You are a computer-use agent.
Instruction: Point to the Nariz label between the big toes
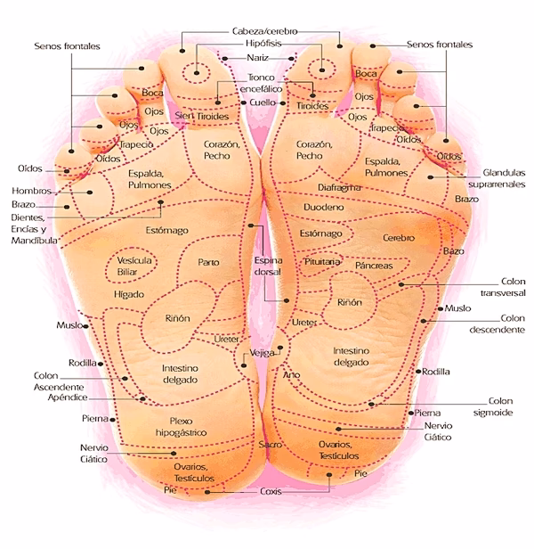click(x=258, y=58)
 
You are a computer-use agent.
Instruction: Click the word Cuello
click(x=257, y=103)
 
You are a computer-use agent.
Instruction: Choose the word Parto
click(x=208, y=262)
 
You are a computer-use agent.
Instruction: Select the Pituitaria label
click(x=322, y=263)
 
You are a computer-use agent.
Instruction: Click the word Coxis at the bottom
click(x=271, y=491)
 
